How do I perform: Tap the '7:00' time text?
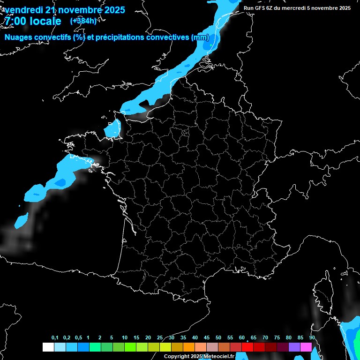click(15, 21)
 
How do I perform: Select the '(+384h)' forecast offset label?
click(83, 21)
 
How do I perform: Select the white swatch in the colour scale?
click(48, 347)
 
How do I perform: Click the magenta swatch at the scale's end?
click(306, 347)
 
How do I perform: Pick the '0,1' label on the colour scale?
click(55, 338)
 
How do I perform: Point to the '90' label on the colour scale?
click(312, 338)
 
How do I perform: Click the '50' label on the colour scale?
click(218, 338)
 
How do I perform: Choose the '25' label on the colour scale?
click(160, 338)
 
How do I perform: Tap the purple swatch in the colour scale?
click(294, 347)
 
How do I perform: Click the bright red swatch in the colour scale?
click(247, 347)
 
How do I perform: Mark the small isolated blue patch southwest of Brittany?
click(21, 221)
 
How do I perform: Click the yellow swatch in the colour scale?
click(165, 347)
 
